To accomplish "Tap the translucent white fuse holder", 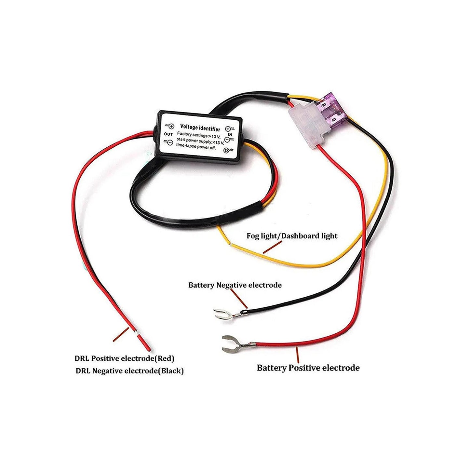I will click(308, 127).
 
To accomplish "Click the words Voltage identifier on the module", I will click(200, 128).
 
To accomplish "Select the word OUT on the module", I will click(168, 134).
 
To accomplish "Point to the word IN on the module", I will click(230, 134).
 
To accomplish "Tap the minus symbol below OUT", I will click(169, 142).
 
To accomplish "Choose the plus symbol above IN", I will click(228, 129).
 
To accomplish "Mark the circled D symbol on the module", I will click(226, 150).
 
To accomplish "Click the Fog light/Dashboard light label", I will click(292, 236).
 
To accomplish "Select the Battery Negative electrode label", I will click(235, 285).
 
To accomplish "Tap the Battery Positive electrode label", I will click(308, 368).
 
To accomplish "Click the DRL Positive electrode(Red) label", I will click(125, 358).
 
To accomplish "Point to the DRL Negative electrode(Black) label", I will click(129, 371).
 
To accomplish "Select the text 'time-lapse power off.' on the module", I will click(198, 148).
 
